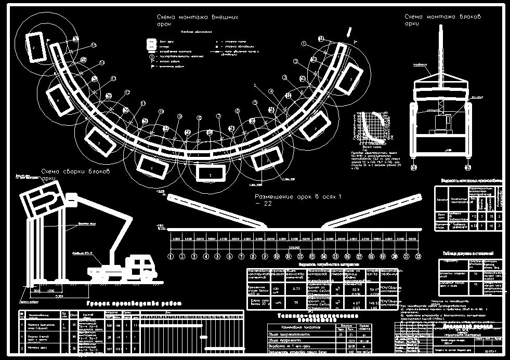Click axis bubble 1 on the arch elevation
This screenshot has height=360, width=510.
click(171, 256)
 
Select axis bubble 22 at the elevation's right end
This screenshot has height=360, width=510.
click(417, 256)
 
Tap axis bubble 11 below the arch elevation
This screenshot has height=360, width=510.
click(289, 256)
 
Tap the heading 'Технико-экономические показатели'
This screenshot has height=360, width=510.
click(311, 318)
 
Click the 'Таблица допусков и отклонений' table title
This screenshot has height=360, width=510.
click(468, 254)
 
